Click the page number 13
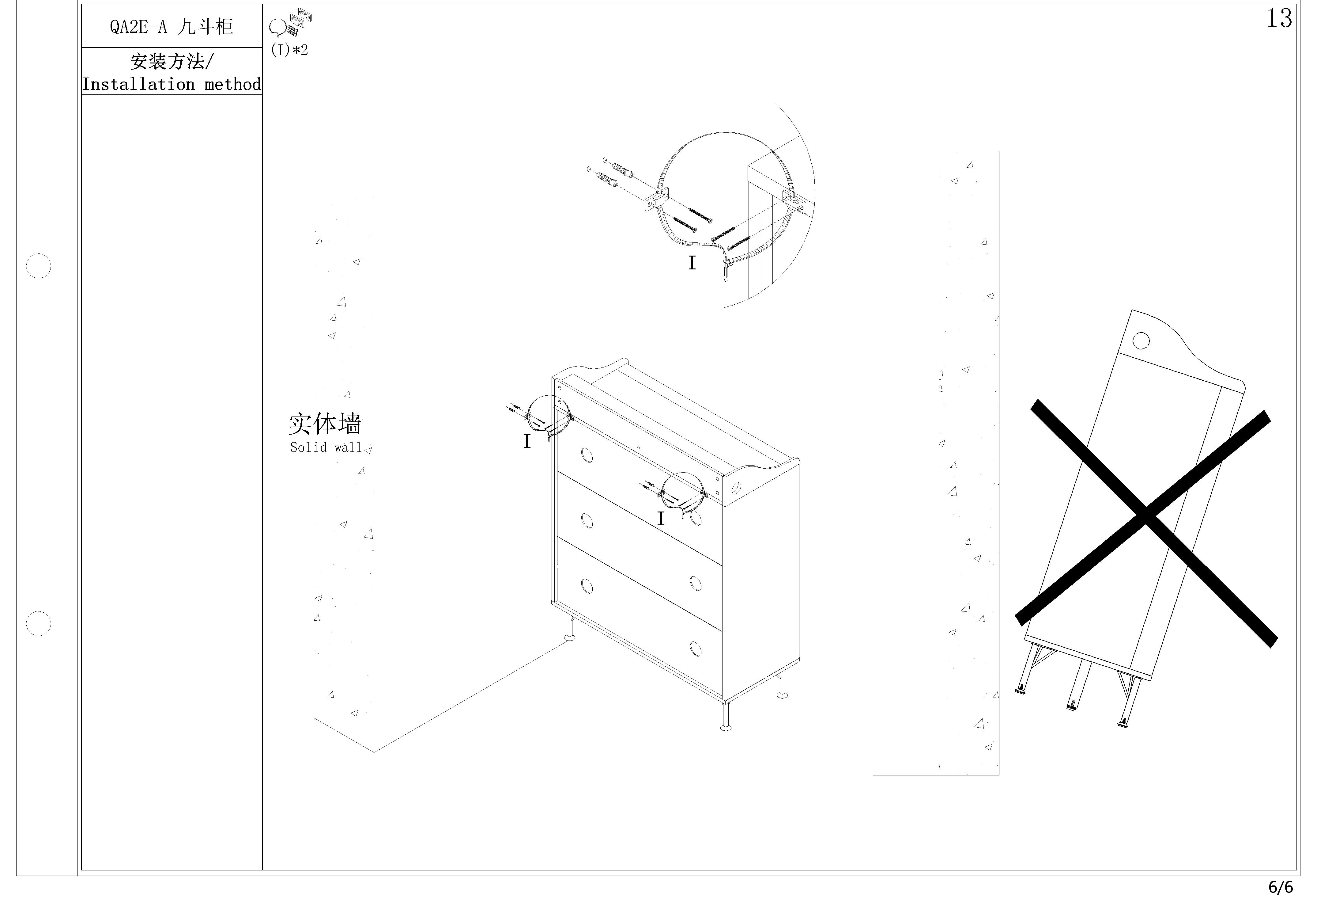click(1279, 19)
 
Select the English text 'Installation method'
click(172, 85)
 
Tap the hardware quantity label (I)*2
click(289, 50)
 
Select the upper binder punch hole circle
click(39, 265)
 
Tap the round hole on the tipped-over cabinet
click(1141, 341)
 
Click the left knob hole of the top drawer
click(587, 455)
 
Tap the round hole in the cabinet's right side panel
click(737, 487)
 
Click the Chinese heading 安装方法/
click(172, 61)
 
